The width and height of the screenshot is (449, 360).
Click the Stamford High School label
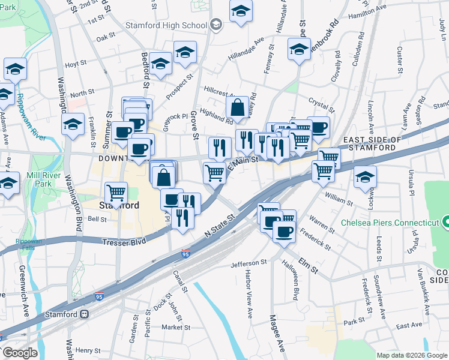click(x=166, y=25)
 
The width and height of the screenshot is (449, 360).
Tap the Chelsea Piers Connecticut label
click(x=390, y=223)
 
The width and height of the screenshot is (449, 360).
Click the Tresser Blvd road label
click(x=124, y=242)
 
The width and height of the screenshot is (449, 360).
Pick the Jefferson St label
click(x=249, y=263)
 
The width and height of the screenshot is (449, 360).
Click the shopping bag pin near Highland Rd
click(x=238, y=108)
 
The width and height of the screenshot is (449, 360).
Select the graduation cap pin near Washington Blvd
click(x=73, y=125)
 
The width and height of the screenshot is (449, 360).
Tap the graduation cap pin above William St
click(x=365, y=178)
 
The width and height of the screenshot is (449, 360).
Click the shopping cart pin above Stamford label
click(x=116, y=193)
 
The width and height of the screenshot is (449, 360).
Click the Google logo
click(x=20, y=353)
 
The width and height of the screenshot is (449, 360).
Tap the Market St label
click(x=175, y=328)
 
